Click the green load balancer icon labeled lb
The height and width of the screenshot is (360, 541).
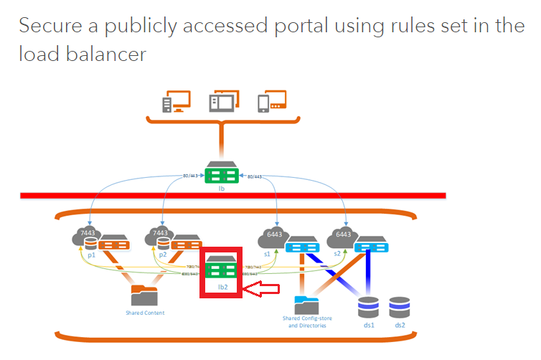click(221, 174)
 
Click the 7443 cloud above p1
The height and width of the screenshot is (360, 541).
click(84, 237)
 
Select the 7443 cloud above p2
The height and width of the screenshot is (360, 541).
click(159, 237)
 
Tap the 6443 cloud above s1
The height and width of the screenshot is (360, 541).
click(272, 237)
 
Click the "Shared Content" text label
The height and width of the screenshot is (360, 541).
click(144, 313)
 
